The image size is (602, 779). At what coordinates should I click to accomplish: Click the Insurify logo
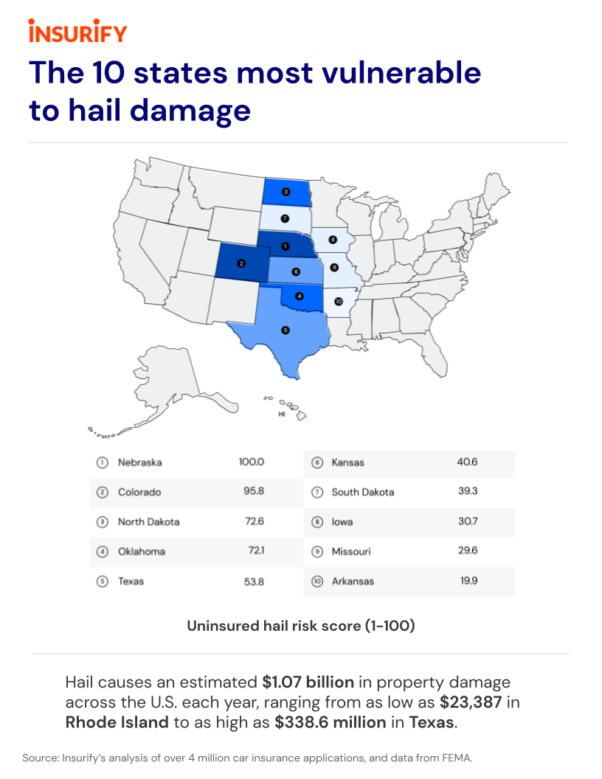pyautogui.click(x=77, y=32)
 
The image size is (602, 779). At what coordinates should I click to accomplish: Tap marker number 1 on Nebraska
pyautogui.click(x=285, y=246)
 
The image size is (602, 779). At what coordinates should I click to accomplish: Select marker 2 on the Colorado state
pyautogui.click(x=241, y=263)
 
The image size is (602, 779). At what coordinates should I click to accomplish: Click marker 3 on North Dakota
pyautogui.click(x=286, y=192)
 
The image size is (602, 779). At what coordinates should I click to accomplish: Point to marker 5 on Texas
pyautogui.click(x=286, y=330)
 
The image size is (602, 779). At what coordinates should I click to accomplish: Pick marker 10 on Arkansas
pyautogui.click(x=338, y=302)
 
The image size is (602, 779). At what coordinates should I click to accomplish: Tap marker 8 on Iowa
pyautogui.click(x=333, y=239)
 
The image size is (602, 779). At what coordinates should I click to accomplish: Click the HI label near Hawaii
pyautogui.click(x=281, y=415)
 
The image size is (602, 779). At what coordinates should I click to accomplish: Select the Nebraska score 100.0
pyautogui.click(x=251, y=463)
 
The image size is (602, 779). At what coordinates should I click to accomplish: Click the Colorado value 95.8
pyautogui.click(x=254, y=492)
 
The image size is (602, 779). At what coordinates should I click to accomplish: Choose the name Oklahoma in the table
pyautogui.click(x=142, y=552)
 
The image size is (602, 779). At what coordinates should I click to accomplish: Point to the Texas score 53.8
pyautogui.click(x=254, y=581)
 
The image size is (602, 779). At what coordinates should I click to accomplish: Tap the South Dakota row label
pyautogui.click(x=363, y=492)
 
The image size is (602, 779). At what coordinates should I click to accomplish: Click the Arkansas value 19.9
pyautogui.click(x=468, y=581)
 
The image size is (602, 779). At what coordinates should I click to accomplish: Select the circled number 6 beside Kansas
pyautogui.click(x=317, y=463)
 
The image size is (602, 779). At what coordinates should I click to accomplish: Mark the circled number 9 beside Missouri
pyautogui.click(x=317, y=552)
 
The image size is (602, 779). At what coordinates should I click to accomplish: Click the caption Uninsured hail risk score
pyautogui.click(x=300, y=626)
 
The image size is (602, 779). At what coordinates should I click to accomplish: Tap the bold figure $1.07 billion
pyautogui.click(x=308, y=682)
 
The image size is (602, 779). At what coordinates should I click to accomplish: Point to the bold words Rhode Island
pyautogui.click(x=117, y=721)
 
